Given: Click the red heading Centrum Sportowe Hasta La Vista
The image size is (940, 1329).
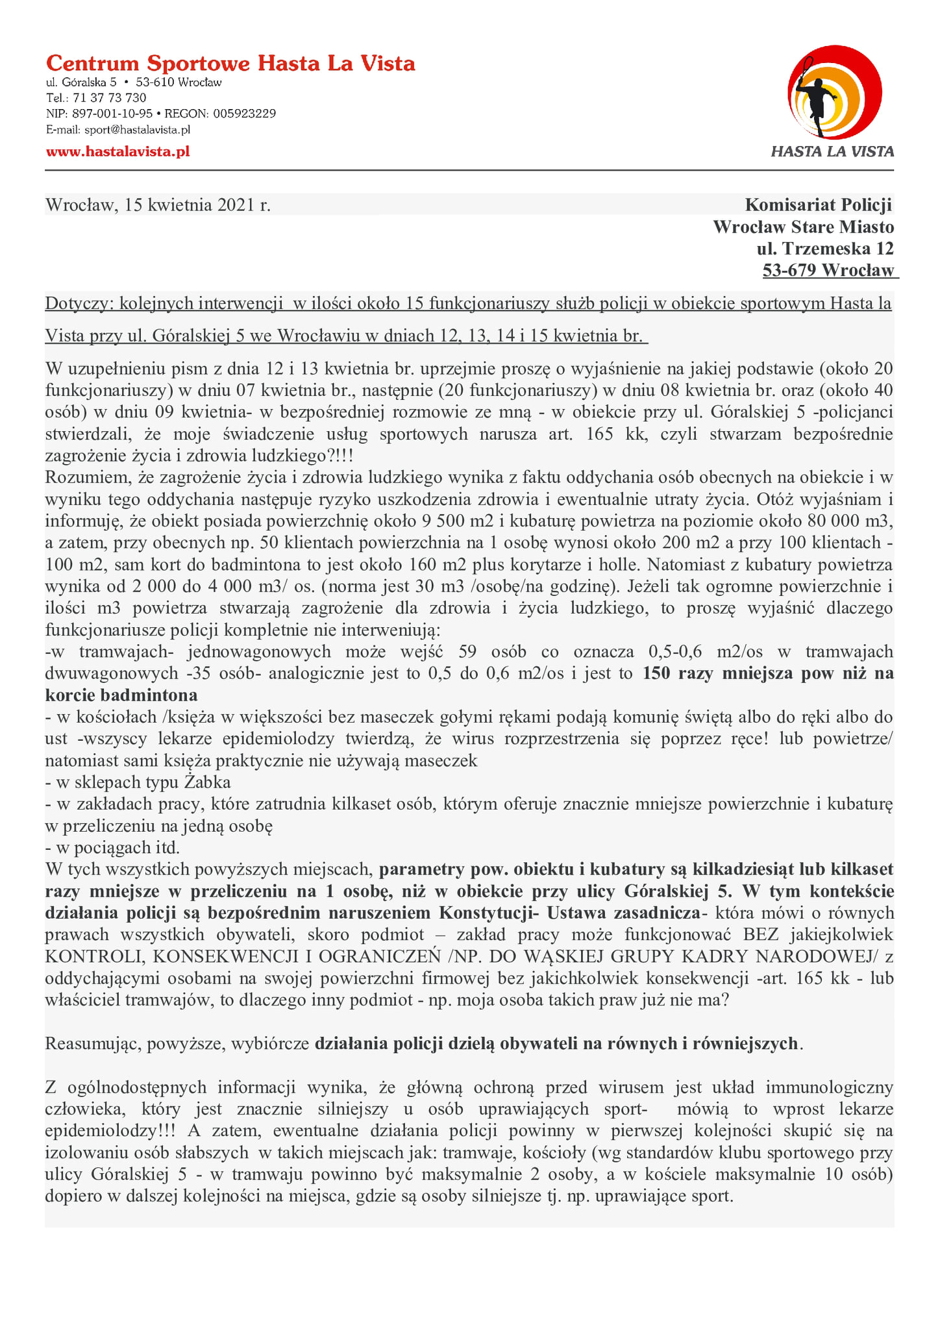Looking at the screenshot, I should pyautogui.click(x=230, y=64).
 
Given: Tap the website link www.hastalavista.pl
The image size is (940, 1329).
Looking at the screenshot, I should pyautogui.click(x=117, y=152).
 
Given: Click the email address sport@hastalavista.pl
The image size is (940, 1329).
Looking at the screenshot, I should pyautogui.click(x=137, y=130).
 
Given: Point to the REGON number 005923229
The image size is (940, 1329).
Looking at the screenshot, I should pyautogui.click(x=245, y=114).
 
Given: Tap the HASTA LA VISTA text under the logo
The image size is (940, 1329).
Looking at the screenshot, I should pyautogui.click(x=832, y=152).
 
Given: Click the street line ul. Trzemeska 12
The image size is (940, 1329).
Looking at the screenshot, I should pyautogui.click(x=825, y=249).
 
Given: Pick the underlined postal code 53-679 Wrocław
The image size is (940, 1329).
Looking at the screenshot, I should pyautogui.click(x=828, y=271).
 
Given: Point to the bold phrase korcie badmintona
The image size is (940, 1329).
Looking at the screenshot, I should pyautogui.click(x=121, y=695).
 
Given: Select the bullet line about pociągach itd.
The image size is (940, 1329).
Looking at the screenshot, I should pyautogui.click(x=112, y=848).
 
